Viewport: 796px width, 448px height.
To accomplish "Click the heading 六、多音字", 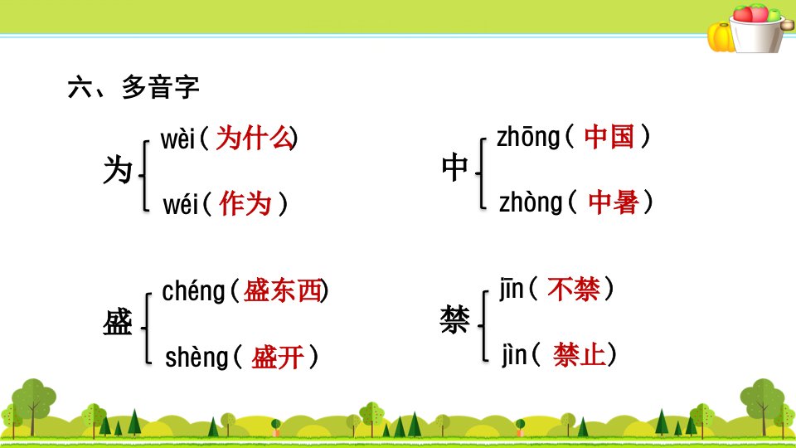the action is (133, 87).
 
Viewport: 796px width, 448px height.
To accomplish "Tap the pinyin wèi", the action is (177, 139).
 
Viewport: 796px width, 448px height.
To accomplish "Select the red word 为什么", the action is (255, 139).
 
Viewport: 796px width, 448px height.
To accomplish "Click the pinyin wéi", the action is (180, 205).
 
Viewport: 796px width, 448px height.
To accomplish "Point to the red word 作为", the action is (245, 204).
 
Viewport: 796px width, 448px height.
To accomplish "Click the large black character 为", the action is (118, 169).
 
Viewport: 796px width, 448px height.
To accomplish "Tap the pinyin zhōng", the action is (528, 138).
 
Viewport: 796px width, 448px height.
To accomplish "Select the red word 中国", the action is (609, 137).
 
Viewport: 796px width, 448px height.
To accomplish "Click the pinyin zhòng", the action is (531, 202).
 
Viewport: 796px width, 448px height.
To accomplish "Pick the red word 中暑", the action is (614, 202).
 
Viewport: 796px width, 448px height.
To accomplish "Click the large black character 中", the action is (454, 168).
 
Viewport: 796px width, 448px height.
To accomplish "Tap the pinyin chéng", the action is (193, 291).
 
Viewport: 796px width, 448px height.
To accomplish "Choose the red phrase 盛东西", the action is (283, 291).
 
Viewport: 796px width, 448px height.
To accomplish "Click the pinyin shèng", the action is (197, 357).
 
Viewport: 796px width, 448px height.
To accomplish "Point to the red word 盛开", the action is (278, 357).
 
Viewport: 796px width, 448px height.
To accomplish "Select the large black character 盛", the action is (117, 322).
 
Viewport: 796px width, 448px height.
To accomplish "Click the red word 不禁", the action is (574, 290).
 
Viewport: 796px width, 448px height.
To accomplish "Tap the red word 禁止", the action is (580, 354).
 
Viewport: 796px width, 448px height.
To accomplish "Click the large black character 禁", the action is (455, 320).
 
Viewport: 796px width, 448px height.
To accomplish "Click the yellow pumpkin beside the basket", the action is (721, 37).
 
